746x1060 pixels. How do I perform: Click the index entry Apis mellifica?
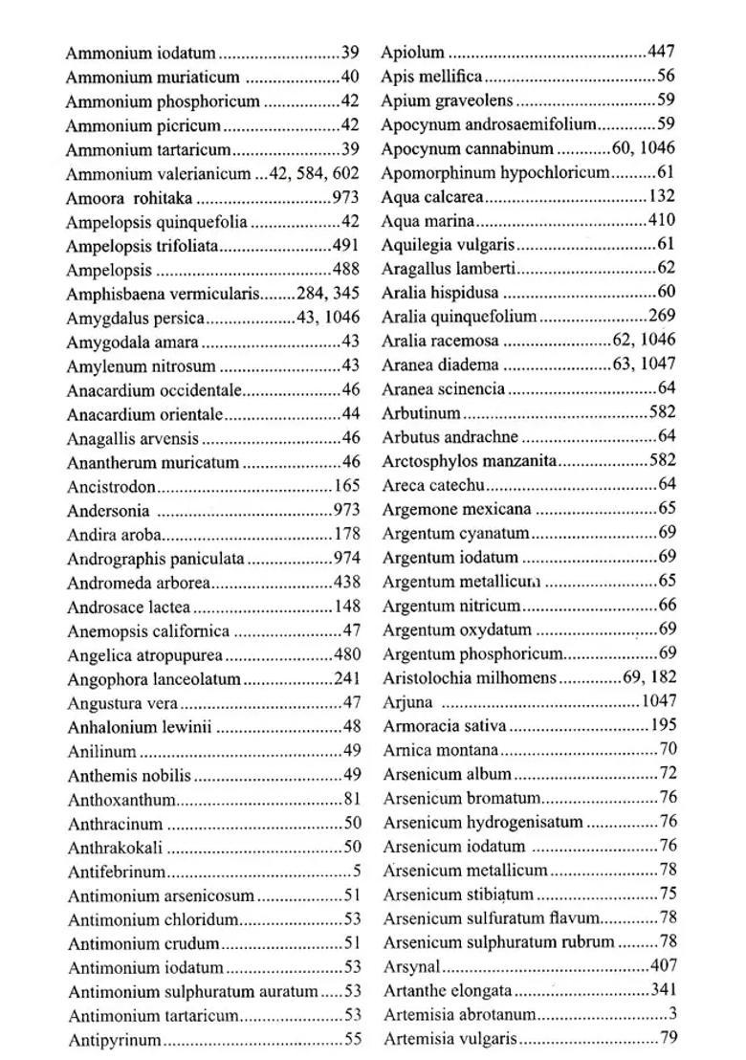[x=431, y=77]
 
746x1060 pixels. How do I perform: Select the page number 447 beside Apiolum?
[x=661, y=53]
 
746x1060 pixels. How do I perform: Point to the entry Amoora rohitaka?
[x=129, y=198]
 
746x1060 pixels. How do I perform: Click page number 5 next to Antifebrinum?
[x=357, y=872]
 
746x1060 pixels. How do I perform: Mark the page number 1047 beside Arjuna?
[x=658, y=702]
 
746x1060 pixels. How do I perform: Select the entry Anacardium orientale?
[x=144, y=414]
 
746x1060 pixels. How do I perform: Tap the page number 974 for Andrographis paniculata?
[x=346, y=559]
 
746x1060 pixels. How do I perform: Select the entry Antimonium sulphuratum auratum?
[x=191, y=992]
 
